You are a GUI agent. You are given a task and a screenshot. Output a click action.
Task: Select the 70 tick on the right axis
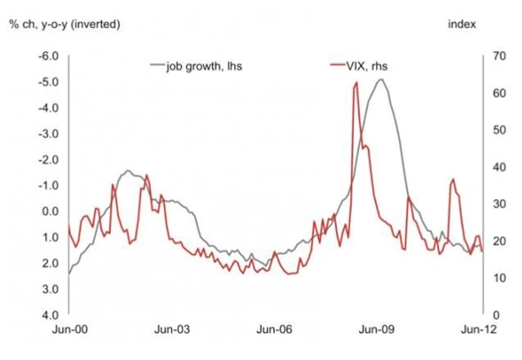(490, 56)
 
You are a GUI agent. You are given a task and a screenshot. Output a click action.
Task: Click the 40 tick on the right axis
(490, 167)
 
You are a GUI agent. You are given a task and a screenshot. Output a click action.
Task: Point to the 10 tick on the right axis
(490, 278)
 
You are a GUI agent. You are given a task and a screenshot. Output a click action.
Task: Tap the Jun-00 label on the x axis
(68, 331)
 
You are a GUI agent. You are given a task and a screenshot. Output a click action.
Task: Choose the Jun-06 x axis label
(275, 331)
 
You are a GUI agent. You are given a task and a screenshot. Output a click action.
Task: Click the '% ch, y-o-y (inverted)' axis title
(64, 22)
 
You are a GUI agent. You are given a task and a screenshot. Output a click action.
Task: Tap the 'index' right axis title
(461, 22)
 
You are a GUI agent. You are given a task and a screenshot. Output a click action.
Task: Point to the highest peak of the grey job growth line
(380, 79)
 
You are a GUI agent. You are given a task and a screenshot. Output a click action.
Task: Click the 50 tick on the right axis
(490, 130)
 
